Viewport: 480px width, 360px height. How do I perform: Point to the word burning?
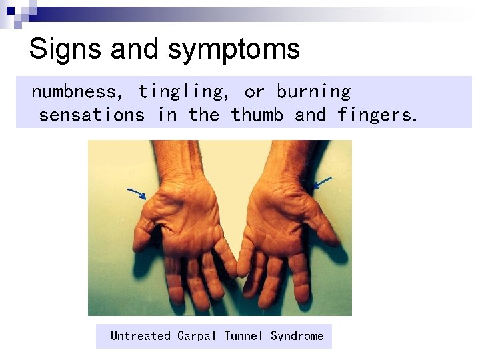(313, 92)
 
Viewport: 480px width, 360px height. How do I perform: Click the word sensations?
(91, 115)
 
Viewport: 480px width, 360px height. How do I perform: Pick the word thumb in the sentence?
(257, 115)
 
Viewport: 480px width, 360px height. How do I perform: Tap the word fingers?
(377, 115)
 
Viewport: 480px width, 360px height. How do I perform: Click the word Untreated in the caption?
(140, 336)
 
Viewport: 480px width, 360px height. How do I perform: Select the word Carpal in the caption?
(197, 336)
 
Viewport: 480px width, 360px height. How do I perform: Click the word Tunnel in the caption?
(243, 336)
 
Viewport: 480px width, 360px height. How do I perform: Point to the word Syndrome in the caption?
(297, 336)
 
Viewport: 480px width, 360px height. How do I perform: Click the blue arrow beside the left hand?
(137, 193)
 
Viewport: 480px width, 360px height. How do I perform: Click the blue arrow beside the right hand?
(322, 181)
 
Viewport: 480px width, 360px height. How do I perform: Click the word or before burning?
(254, 92)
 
